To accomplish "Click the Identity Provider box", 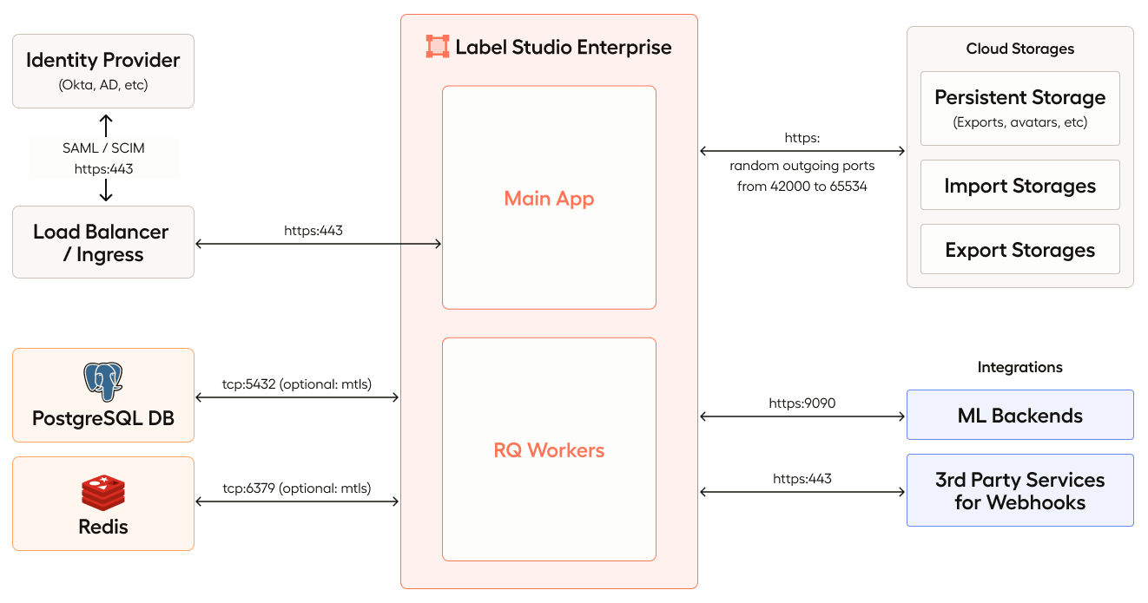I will pos(102,70).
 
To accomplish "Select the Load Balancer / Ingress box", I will pos(102,242).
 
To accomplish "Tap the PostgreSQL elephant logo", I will pos(102,382).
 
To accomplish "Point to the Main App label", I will pos(549,198).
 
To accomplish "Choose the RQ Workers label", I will pos(549,449).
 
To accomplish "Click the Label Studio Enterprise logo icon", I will pos(438,47).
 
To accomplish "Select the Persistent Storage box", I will pos(1019,108).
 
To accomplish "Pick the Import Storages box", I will pos(1019,186).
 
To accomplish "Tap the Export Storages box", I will pos(1019,250).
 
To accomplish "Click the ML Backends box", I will pos(1019,415).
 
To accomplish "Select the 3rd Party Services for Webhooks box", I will pos(1019,490).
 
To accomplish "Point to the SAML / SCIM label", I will pos(103,148).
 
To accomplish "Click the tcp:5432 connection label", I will pos(297,383).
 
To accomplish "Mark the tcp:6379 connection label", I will pos(297,488).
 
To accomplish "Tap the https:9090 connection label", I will pos(802,403).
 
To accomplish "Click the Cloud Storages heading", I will pos(1019,49).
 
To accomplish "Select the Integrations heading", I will pos(1019,367).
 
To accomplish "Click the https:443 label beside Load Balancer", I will pos(319,231).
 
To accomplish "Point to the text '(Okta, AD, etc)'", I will pos(102,85).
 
